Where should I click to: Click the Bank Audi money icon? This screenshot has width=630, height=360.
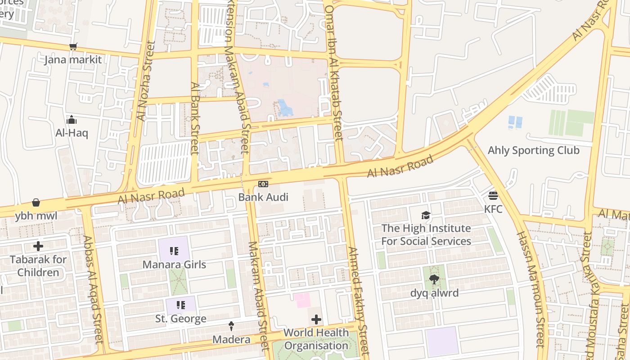(263, 184)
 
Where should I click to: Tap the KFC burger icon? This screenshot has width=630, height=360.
(493, 196)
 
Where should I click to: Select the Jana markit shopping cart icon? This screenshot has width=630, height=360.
(73, 46)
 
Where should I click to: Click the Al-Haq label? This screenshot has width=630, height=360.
(72, 133)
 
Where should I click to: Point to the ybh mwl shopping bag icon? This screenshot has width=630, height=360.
(36, 203)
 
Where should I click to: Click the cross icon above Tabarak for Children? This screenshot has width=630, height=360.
(38, 246)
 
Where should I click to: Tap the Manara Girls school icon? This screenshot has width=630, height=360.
(174, 251)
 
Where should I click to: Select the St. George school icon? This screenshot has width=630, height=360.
(180, 305)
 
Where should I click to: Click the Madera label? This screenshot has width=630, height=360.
(231, 339)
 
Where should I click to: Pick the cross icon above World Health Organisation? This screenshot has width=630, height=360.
(316, 319)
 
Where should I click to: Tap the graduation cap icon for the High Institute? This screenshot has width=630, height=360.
(426, 215)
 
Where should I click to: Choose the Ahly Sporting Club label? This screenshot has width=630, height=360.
(534, 150)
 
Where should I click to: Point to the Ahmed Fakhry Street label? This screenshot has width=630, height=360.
(358, 295)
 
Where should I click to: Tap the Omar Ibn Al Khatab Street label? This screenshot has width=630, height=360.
(333, 72)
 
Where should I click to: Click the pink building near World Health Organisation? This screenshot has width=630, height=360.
(302, 300)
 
